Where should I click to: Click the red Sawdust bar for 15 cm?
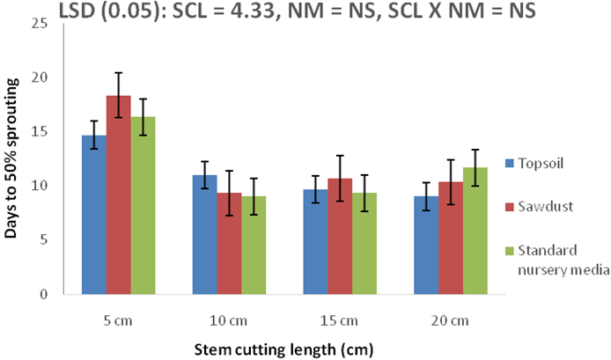(x=340, y=237)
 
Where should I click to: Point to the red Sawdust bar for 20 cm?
(x=451, y=239)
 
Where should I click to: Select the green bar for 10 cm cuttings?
(x=254, y=246)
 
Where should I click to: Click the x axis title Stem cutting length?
(x=285, y=348)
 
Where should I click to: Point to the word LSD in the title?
(x=78, y=11)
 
